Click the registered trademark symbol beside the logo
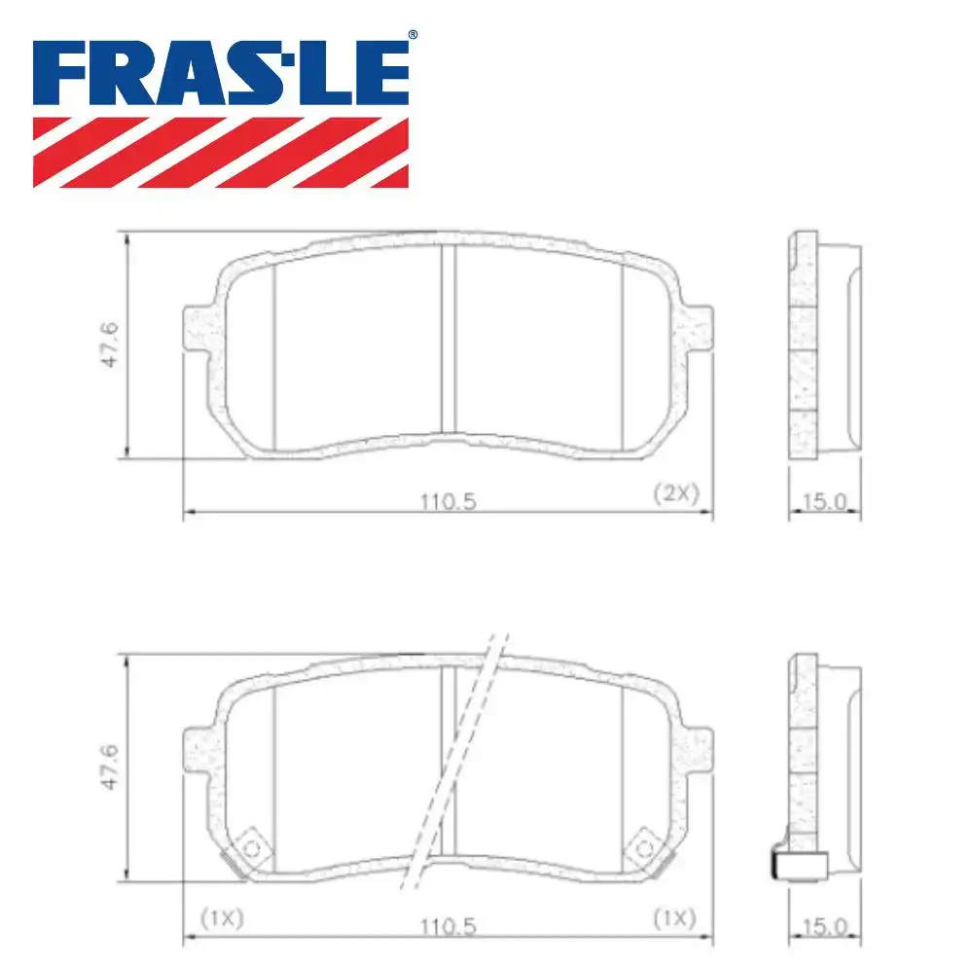(412, 35)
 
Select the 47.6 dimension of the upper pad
(111, 344)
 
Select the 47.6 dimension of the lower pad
(111, 767)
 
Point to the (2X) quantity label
(675, 493)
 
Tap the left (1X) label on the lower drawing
(222, 917)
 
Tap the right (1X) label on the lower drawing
(674, 917)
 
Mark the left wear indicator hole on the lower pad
(252, 847)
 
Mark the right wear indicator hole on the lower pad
(643, 847)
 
